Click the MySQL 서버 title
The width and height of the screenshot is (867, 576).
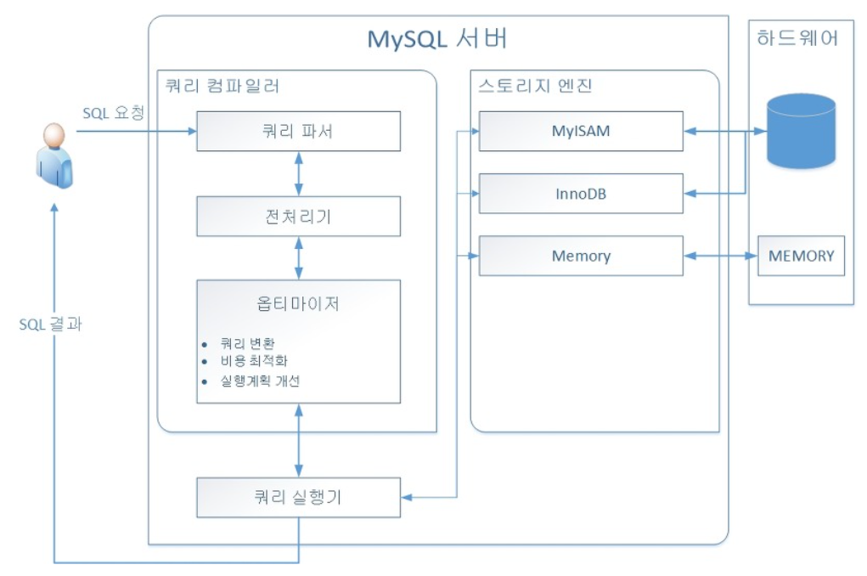coord(437,39)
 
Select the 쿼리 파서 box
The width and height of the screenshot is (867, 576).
coord(298,131)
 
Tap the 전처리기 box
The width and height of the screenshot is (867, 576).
coord(298,216)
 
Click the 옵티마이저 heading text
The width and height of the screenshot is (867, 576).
coord(298,303)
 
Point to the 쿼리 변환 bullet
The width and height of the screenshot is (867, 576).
coord(247,344)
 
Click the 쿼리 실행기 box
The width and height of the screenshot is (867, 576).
coord(298,497)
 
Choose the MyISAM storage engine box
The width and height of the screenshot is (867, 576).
coord(581,131)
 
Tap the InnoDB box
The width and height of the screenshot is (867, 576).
coord(581,194)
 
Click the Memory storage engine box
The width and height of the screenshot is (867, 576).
coord(581,256)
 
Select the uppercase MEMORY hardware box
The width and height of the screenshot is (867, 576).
coord(801,256)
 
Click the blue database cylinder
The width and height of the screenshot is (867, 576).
coord(800,131)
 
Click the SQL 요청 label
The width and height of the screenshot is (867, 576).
coord(114,113)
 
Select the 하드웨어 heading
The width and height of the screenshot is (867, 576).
coord(797,38)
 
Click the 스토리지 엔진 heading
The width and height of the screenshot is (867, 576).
coord(535,86)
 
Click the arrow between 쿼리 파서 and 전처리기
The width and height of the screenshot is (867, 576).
coord(298,174)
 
